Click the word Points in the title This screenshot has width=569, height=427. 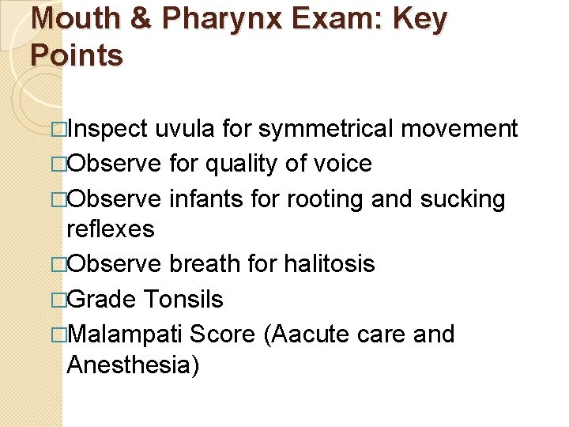point(77,55)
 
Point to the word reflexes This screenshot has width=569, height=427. point(111,229)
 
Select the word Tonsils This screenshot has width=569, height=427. point(183,299)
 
